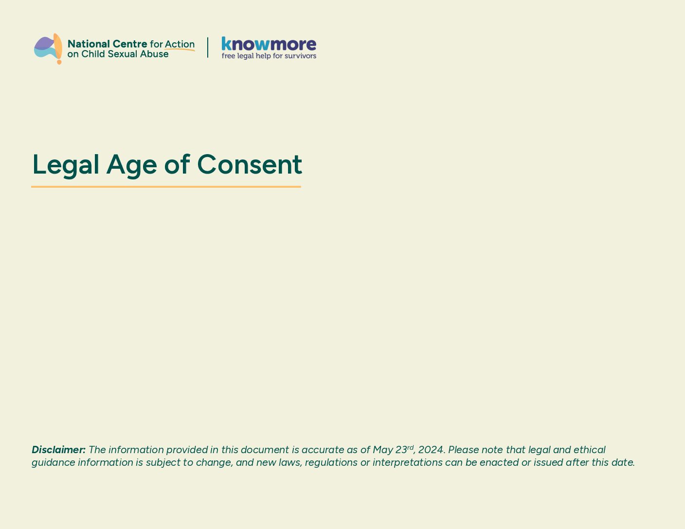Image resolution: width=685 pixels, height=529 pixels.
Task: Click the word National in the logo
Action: click(x=89, y=44)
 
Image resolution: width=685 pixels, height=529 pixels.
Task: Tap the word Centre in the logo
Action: click(x=130, y=44)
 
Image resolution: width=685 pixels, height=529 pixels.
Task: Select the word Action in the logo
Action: click(x=180, y=44)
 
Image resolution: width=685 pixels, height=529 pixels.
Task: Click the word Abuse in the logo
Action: click(x=154, y=54)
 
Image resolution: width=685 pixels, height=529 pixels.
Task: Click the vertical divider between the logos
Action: click(x=208, y=48)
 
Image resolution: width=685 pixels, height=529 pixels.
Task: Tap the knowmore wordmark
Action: click(x=269, y=44)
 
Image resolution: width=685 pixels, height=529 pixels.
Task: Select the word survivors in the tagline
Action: click(x=300, y=56)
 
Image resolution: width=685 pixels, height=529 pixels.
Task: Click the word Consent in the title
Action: click(x=250, y=164)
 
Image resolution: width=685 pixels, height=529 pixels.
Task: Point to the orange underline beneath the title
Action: click(x=166, y=187)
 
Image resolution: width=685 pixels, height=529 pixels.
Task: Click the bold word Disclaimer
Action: click(x=59, y=450)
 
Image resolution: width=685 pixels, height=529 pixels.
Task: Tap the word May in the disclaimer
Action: click(x=383, y=450)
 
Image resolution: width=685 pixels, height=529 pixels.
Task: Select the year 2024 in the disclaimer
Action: click(x=431, y=450)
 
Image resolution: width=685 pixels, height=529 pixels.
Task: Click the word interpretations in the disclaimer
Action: click(x=408, y=462)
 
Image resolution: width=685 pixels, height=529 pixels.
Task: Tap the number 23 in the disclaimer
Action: click(x=401, y=450)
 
